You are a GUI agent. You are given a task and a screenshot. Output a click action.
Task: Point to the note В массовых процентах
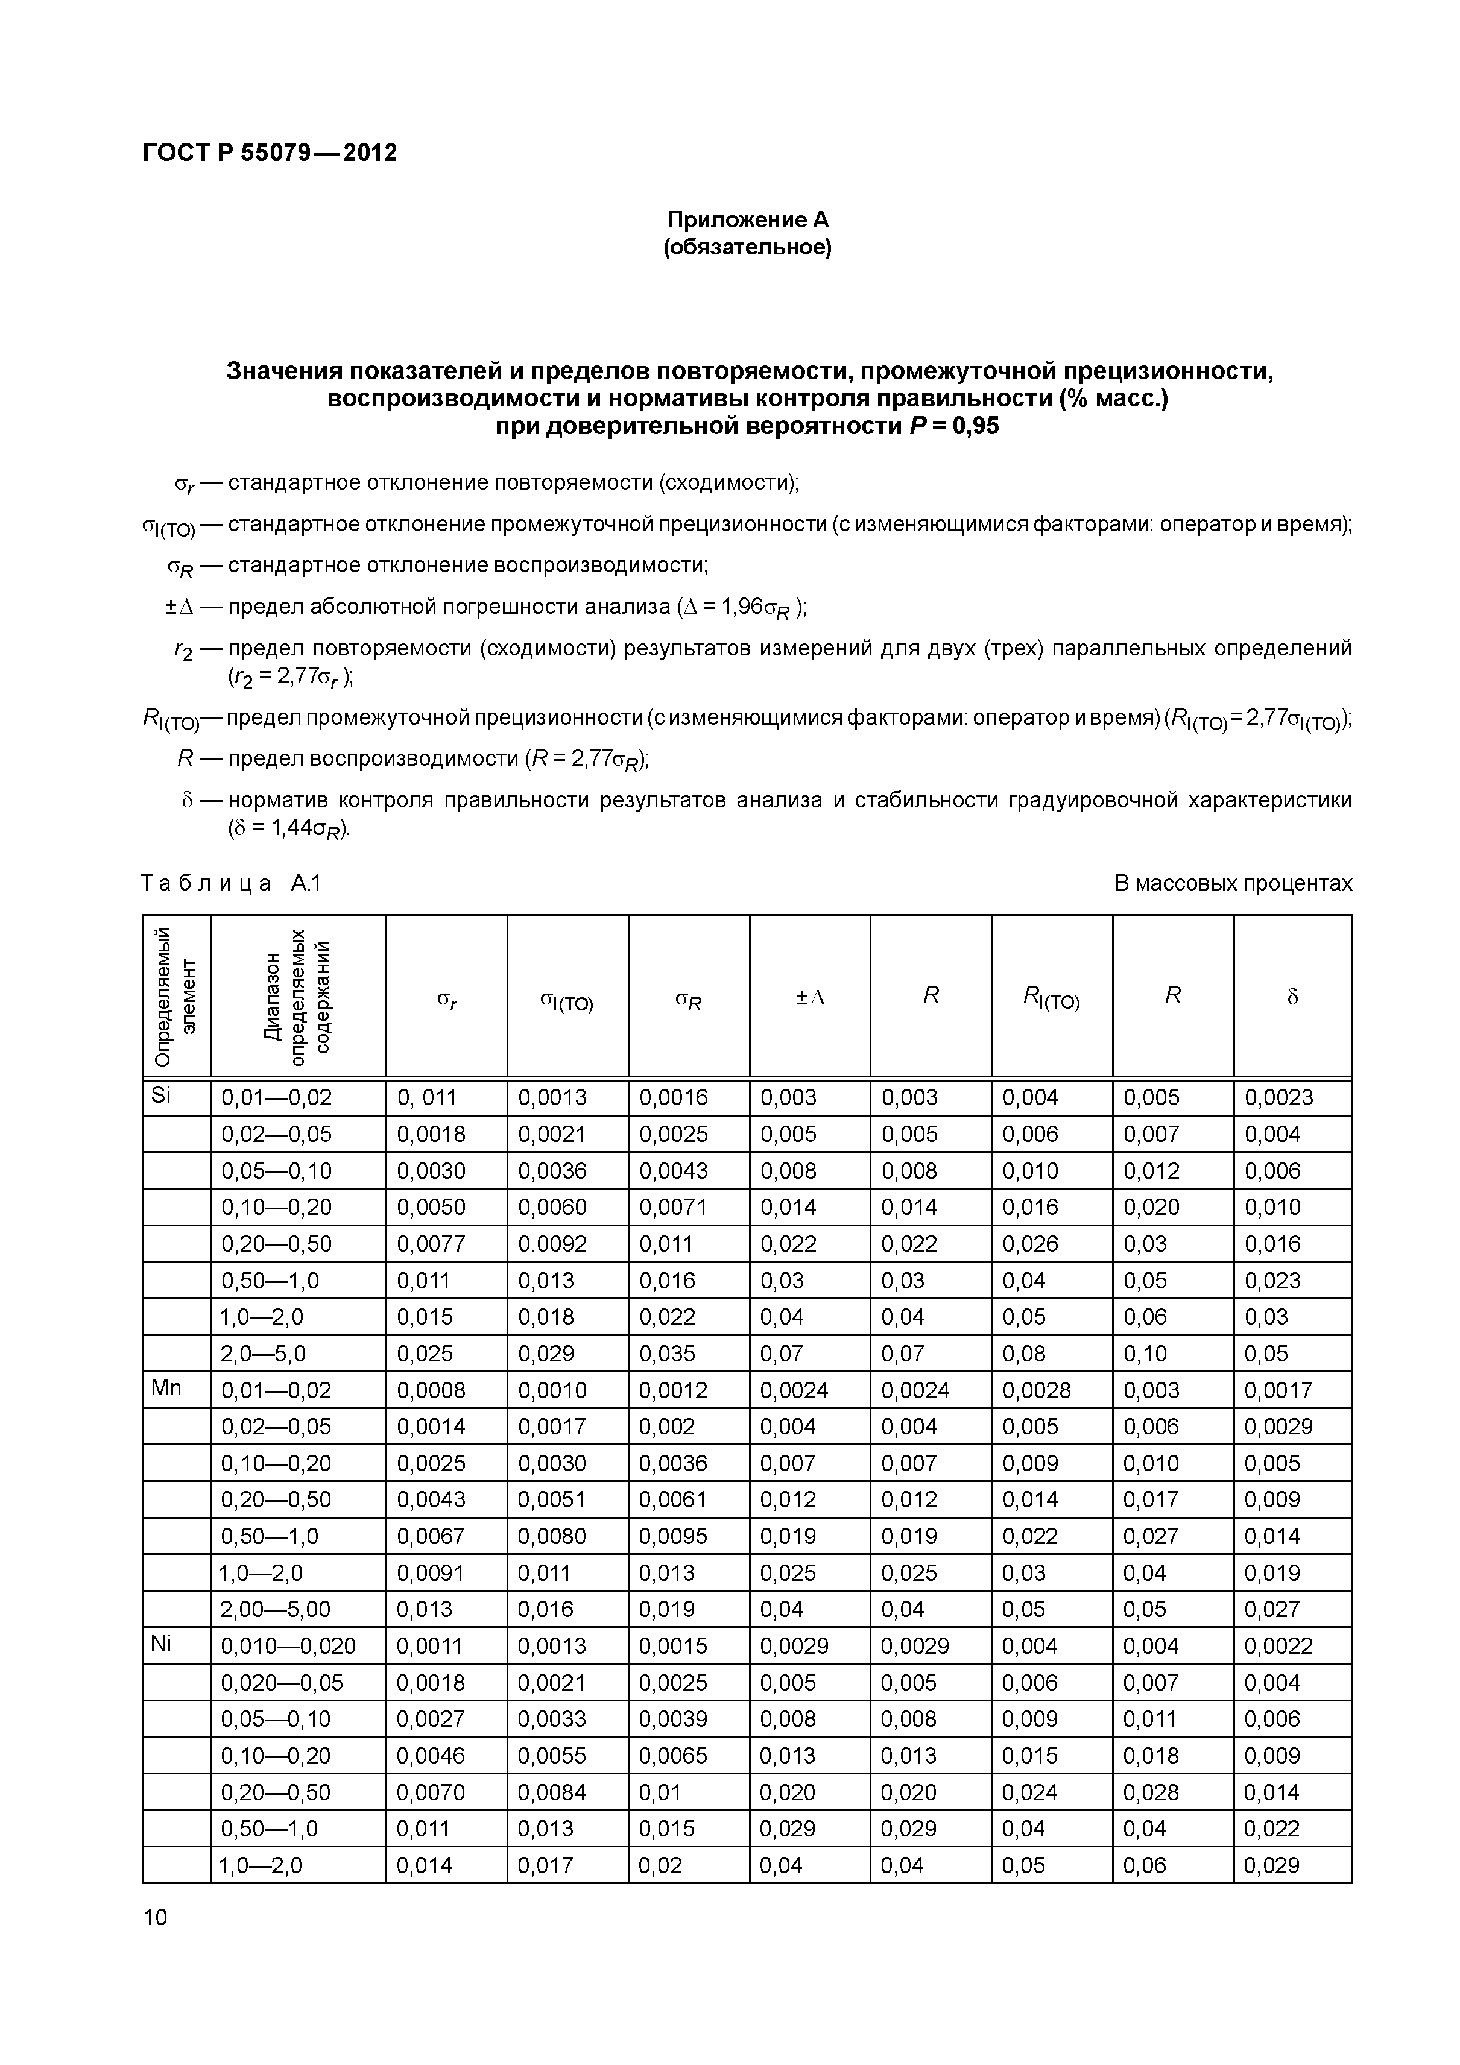click(1233, 883)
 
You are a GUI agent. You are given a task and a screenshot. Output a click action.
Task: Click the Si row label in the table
click(161, 1096)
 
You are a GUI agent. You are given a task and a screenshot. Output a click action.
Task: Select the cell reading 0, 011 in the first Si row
click(428, 1097)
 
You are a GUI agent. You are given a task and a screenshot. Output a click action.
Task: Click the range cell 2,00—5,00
click(276, 1609)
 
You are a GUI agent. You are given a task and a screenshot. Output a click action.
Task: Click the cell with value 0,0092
click(552, 1244)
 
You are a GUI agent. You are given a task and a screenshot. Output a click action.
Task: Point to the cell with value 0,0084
click(552, 1792)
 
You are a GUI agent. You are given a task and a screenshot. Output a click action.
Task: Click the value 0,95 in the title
click(973, 426)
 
